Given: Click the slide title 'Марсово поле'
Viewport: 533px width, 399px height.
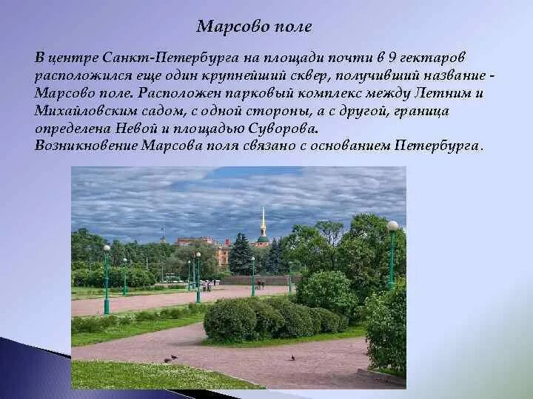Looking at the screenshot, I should (x=255, y=27).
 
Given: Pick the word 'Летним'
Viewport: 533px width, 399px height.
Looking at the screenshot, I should (x=456, y=94).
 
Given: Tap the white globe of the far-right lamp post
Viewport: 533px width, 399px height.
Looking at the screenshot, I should (x=392, y=225).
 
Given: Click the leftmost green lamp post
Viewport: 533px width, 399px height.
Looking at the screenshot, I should (x=107, y=281).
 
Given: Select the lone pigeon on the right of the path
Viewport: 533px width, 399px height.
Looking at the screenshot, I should (x=292, y=358).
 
